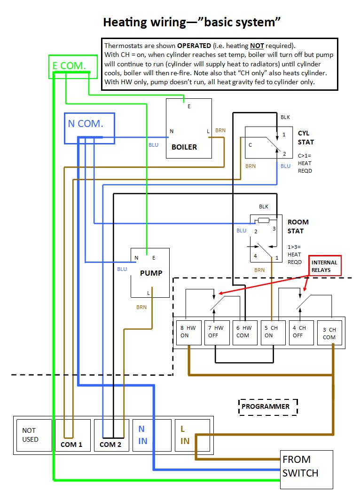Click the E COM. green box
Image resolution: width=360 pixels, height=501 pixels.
69,66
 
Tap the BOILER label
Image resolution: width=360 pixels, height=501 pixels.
184,147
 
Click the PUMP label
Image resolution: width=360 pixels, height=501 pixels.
151,273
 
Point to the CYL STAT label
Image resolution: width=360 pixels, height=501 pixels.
305,137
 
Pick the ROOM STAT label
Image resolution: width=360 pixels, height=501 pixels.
298,226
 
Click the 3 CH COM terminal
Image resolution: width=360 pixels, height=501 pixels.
329,333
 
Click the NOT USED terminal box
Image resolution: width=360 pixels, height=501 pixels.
32,435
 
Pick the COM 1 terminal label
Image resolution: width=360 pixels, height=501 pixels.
71,444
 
